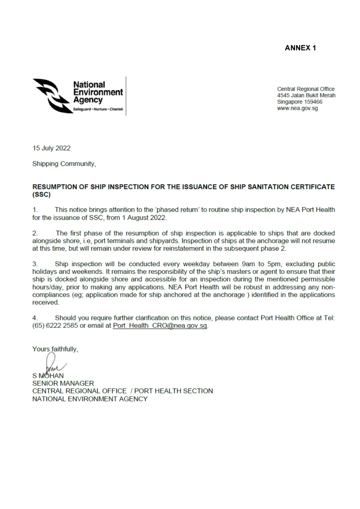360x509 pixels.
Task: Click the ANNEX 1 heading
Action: click(300, 48)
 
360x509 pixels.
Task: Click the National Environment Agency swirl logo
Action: click(52, 96)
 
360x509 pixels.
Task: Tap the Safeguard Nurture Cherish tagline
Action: click(98, 109)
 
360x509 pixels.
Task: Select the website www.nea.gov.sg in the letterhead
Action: click(297, 108)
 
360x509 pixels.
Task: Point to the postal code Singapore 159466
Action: click(300, 102)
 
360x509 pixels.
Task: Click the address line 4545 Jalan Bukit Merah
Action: click(306, 95)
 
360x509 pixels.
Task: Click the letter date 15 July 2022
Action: click(51, 148)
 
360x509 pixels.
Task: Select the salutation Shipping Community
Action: click(64, 164)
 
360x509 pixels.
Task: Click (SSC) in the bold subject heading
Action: click(41, 195)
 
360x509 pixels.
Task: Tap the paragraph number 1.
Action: click(35, 210)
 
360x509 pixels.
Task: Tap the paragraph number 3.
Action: click(35, 264)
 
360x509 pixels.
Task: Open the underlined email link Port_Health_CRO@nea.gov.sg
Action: click(160, 326)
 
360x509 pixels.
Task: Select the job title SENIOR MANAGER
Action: click(63, 383)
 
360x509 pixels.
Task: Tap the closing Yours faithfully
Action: click(55, 349)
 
